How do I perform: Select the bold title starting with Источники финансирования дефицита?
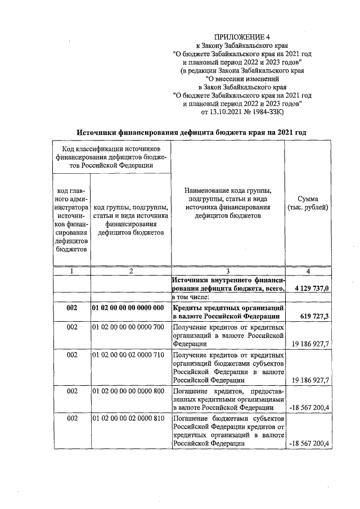(x=191, y=132)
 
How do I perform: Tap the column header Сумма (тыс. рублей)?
(x=308, y=204)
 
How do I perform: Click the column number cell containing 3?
(x=227, y=271)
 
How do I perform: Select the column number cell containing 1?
(x=71, y=271)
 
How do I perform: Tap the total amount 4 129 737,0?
(x=312, y=288)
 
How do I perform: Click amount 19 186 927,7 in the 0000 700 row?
(x=310, y=343)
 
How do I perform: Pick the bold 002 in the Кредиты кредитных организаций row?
(x=71, y=308)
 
